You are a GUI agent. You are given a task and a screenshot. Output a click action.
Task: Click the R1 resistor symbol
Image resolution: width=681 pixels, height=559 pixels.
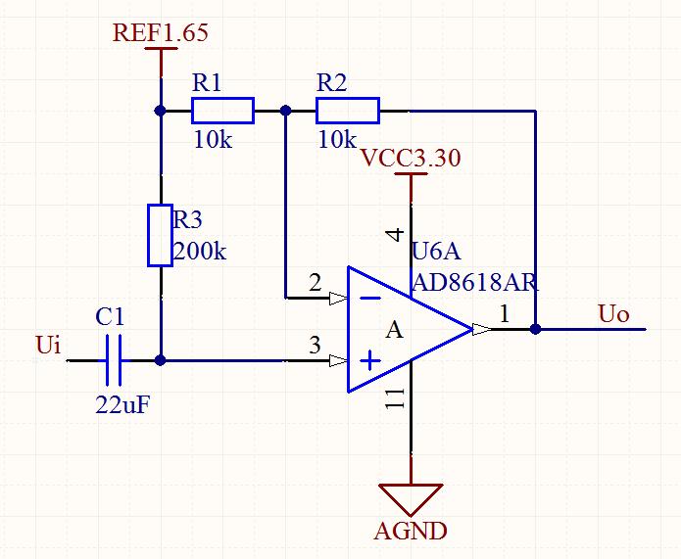coord(222,111)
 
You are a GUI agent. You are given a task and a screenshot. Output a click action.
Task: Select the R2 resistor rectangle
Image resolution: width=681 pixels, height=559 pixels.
coord(348,111)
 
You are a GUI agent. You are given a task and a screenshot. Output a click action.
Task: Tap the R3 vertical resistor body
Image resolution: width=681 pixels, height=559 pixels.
coord(161,235)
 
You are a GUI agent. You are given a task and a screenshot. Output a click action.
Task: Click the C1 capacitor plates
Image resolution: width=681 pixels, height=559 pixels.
coord(114,360)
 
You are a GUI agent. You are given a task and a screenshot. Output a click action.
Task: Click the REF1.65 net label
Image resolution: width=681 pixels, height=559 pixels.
coord(161,32)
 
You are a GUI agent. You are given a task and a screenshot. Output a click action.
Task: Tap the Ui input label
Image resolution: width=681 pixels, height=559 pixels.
coord(48,346)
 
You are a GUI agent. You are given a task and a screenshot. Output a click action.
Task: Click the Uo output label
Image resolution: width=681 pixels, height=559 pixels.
coord(613,314)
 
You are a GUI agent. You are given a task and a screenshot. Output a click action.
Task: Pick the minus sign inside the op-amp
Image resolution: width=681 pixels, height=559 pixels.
coord(371,298)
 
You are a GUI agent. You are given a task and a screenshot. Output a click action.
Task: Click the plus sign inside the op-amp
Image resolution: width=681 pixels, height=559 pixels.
coord(370,360)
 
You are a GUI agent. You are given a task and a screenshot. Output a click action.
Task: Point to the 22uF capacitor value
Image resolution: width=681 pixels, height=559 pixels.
coord(122,406)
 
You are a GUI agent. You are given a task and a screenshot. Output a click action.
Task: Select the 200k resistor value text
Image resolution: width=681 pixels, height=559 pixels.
coord(200,251)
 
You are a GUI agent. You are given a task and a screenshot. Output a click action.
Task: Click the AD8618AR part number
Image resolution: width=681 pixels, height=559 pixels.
coord(475,283)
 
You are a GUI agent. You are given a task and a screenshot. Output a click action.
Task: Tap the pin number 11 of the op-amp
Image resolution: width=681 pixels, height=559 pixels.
coord(395,398)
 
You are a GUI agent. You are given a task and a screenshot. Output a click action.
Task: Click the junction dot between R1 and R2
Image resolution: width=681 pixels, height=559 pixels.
coord(285,111)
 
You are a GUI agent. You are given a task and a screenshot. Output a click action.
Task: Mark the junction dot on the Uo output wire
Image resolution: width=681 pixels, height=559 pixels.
coord(536,329)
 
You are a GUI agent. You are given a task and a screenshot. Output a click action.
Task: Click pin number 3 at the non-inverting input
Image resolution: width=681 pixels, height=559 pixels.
coord(315,345)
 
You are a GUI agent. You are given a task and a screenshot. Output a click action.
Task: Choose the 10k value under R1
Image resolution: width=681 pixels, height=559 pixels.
coord(213,140)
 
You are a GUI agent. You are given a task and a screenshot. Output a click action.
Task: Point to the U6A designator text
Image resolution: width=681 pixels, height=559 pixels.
coord(436,251)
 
